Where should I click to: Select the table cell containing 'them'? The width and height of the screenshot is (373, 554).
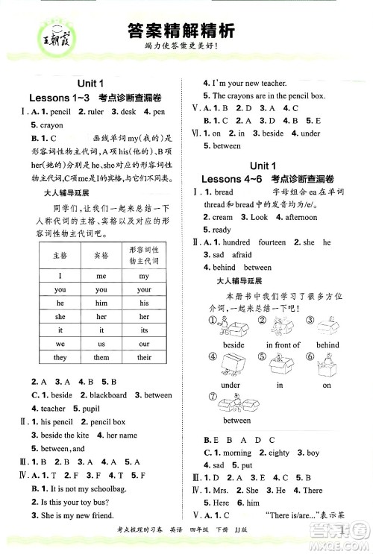[x=101, y=357]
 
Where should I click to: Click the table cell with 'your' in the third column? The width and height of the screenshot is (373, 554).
[x=144, y=289]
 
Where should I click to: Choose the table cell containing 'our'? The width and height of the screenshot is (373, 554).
[x=144, y=344]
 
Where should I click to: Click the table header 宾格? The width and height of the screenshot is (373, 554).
[x=101, y=255]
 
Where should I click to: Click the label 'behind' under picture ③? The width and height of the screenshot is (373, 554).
[x=327, y=345]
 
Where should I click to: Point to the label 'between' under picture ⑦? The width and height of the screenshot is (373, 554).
[x=236, y=420]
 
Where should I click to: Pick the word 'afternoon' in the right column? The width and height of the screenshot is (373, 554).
[x=301, y=217]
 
